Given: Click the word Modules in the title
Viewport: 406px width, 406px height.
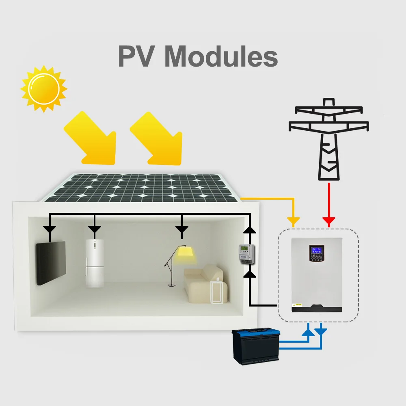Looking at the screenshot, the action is pyautogui.click(x=221, y=56).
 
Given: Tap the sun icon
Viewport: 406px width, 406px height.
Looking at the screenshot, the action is pyautogui.click(x=44, y=89).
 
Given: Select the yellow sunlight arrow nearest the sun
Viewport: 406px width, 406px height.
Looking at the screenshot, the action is pyautogui.click(x=91, y=138).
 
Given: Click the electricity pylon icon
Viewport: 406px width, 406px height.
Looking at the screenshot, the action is pyautogui.click(x=329, y=139).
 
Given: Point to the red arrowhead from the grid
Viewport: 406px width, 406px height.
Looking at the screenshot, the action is pyautogui.click(x=329, y=221).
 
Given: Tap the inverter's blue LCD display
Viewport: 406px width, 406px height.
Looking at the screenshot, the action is pyautogui.click(x=316, y=250).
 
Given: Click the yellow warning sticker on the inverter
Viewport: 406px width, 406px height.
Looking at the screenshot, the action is pyautogui.click(x=297, y=305).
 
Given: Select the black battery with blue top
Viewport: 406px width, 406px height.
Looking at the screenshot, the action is pyautogui.click(x=256, y=346).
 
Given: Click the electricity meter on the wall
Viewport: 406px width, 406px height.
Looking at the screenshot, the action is pyautogui.click(x=246, y=254).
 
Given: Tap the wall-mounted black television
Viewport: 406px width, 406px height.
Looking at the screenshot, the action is pyautogui.click(x=51, y=263).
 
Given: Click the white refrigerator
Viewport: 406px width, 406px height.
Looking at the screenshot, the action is pyautogui.click(x=95, y=263).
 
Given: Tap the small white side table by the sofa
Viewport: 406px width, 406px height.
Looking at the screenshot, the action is pyautogui.click(x=217, y=292).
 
